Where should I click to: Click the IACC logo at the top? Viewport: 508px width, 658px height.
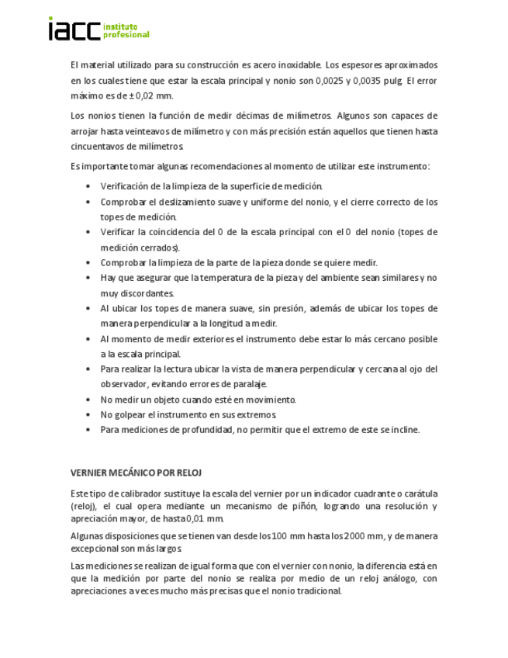pyautogui.click(x=98, y=29)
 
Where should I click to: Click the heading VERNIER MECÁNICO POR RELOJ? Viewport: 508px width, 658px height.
pyautogui.click(x=137, y=472)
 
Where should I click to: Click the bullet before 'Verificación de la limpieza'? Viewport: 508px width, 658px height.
pyautogui.click(x=89, y=186)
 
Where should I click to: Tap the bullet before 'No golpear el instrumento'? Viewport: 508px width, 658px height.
pyautogui.click(x=89, y=415)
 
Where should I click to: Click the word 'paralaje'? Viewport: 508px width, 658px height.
pyautogui.click(x=249, y=384)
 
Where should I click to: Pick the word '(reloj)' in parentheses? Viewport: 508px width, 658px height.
pyautogui.click(x=83, y=507)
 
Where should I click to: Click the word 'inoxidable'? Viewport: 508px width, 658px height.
pyautogui.click(x=296, y=65)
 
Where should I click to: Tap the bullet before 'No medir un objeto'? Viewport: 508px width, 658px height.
pyautogui.click(x=89, y=400)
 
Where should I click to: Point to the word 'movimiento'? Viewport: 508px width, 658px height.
pyautogui.click(x=272, y=400)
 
